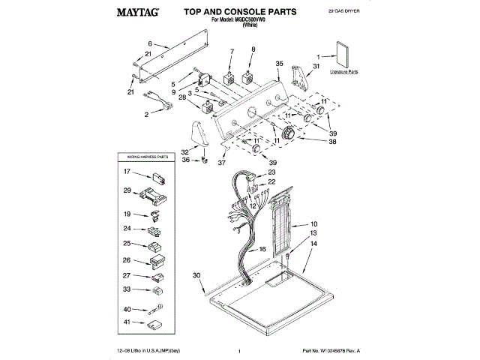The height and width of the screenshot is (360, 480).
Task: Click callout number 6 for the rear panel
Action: tap(150, 43)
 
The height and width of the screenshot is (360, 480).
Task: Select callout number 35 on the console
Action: tap(278, 64)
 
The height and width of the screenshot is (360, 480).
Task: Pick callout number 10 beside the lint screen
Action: tap(314, 223)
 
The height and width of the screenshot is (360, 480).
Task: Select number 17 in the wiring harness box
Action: tap(127, 172)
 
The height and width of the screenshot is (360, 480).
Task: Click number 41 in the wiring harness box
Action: tap(127, 322)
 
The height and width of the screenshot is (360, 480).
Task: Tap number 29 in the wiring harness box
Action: tap(127, 190)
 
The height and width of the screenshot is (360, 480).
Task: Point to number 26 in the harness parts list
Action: tap(127, 260)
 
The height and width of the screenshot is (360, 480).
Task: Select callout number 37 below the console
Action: tap(222, 161)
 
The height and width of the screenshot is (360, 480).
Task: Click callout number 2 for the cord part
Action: tap(147, 115)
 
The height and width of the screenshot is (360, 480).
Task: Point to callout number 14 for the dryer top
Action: tap(314, 244)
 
